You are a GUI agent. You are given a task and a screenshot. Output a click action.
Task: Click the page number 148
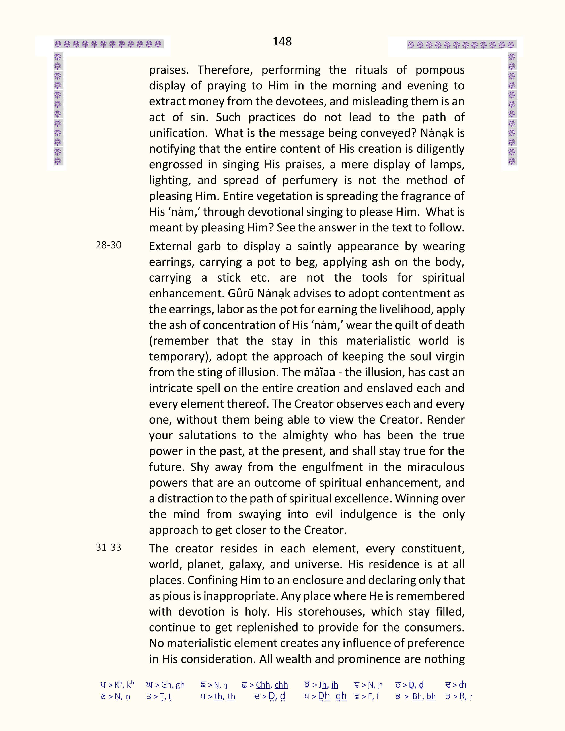[x=282, y=41]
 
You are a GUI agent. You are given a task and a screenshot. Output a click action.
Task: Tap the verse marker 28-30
[x=108, y=245]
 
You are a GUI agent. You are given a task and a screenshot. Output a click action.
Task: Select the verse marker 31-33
[x=108, y=548]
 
